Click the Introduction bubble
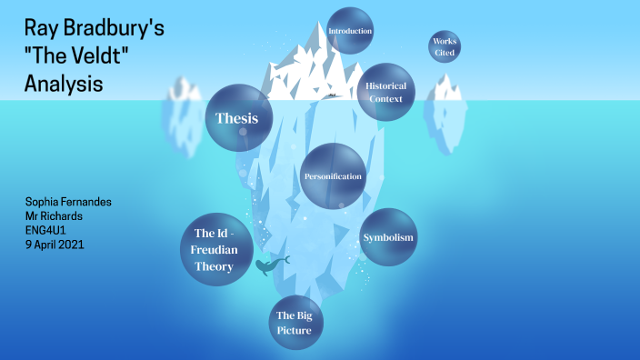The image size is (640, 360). (350, 31)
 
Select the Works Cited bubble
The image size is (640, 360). (445, 47)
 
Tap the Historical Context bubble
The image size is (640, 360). (386, 92)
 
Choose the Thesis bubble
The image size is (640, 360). (237, 117)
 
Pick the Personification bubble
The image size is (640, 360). (333, 175)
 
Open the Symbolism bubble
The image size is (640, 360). (388, 237)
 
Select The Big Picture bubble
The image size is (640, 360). (295, 323)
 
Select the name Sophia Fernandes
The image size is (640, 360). (68, 201)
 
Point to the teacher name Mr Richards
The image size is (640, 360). (55, 215)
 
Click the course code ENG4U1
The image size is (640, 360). (45, 230)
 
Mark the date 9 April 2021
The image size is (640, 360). (54, 245)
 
